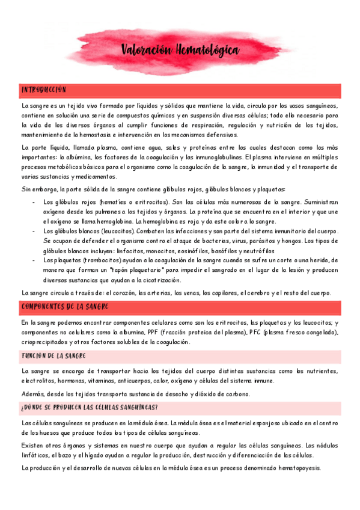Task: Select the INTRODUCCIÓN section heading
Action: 43,90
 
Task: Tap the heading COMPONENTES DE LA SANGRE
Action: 64,307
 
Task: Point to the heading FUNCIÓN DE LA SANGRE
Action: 53,356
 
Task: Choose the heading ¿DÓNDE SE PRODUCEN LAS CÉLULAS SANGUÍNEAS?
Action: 89,407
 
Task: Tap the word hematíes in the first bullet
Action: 114,202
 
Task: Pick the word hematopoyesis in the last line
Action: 295,468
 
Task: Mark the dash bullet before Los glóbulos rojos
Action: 33,202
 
